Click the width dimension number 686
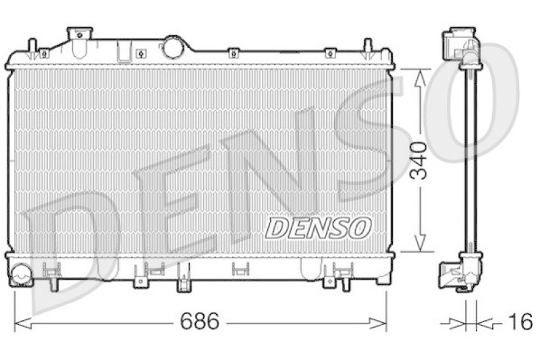[x=200, y=322]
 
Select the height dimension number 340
[x=421, y=160]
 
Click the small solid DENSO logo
[x=318, y=228]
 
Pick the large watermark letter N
[x=270, y=169]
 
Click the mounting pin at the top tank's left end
[x=31, y=47]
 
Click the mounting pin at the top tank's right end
[x=367, y=47]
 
